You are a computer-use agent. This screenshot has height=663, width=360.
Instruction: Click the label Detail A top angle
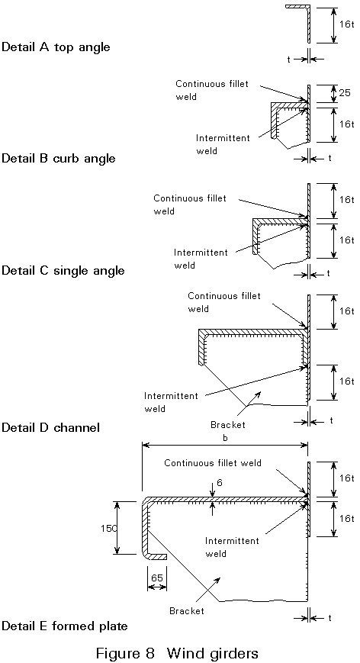pyautogui.click(x=56, y=47)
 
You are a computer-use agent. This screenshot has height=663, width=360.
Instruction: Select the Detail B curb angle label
pyautogui.click(x=59, y=158)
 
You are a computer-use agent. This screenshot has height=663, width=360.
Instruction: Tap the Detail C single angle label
pyautogui.click(x=63, y=270)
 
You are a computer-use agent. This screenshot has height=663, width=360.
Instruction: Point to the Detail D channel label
pyautogui.click(x=50, y=427)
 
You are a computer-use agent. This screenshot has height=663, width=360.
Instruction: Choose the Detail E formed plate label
pyautogui.click(x=65, y=626)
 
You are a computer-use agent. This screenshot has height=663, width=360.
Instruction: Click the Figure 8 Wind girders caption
pyautogui.click(x=177, y=653)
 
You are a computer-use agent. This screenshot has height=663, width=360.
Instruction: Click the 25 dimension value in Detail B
pyautogui.click(x=345, y=92)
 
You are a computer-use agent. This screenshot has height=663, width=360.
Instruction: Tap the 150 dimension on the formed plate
pyautogui.click(x=107, y=528)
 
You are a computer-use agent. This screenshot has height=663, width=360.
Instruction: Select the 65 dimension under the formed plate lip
pyautogui.click(x=157, y=577)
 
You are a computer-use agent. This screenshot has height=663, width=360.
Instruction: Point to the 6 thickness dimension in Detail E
pyautogui.click(x=218, y=481)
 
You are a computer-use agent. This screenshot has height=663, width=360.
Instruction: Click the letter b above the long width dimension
pyautogui.click(x=225, y=438)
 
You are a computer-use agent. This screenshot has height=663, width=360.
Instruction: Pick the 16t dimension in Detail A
pyautogui.click(x=346, y=24)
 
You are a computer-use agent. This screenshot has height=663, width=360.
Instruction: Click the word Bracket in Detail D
pyautogui.click(x=228, y=424)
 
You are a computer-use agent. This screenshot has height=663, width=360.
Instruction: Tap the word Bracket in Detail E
pyautogui.click(x=187, y=610)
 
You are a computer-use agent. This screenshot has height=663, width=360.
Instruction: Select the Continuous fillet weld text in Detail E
pyautogui.click(x=213, y=463)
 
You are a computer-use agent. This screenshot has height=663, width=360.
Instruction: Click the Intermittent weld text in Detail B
pyautogui.click(x=223, y=144)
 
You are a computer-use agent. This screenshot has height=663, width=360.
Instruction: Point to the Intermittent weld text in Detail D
pyautogui.click(x=171, y=402)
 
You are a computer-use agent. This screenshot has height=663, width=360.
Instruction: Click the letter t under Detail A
pyautogui.click(x=289, y=60)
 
